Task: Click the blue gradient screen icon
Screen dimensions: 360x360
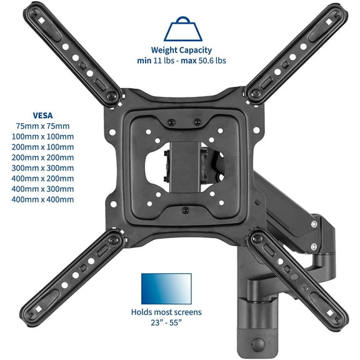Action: point(166,288)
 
